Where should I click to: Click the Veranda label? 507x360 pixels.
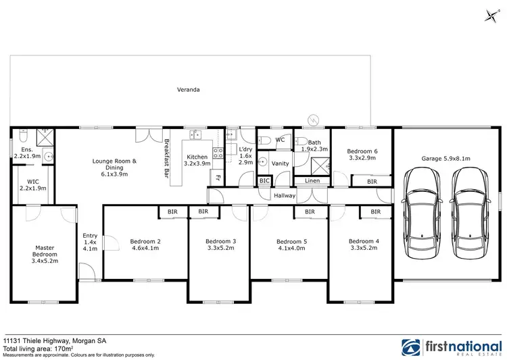pyautogui.click(x=188, y=89)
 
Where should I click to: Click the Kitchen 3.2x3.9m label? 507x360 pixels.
pyautogui.click(x=198, y=159)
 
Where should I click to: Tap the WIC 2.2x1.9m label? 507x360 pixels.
pyautogui.click(x=32, y=184)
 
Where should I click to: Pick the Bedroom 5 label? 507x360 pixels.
pyautogui.click(x=291, y=245)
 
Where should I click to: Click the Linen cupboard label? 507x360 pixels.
pyautogui.click(x=312, y=181)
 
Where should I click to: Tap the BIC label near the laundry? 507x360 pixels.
pyautogui.click(x=265, y=181)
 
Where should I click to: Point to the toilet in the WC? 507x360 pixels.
pyautogui.click(x=267, y=140)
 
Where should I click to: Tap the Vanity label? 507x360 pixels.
pyautogui.click(x=279, y=163)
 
